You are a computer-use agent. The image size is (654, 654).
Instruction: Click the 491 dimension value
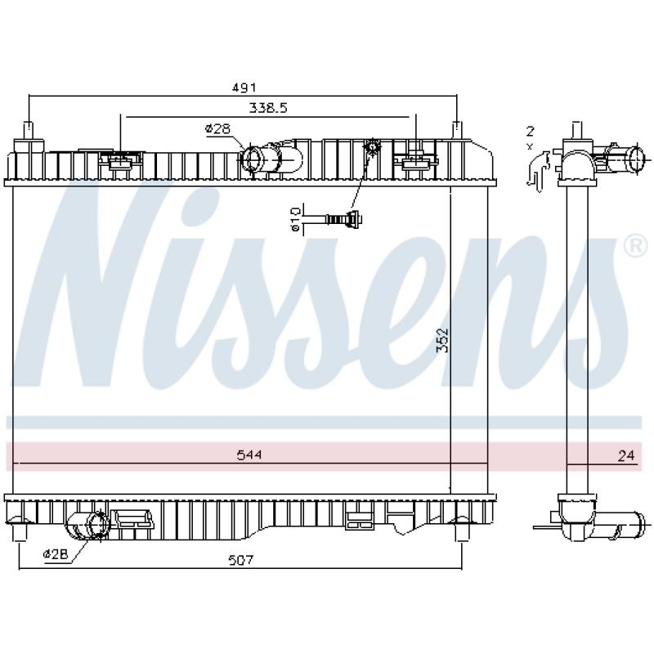244,87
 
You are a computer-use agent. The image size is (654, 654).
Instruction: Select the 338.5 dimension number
268,108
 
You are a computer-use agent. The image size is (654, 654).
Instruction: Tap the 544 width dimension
249,455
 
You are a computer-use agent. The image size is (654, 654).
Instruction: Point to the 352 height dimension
442,340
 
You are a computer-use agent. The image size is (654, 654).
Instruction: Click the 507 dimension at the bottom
241,560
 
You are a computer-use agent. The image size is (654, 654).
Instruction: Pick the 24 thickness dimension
626,455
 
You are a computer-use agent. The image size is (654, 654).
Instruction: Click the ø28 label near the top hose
217,128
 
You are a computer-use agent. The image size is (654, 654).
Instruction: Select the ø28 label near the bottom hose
55,554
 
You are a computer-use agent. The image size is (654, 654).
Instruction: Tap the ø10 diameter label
295,218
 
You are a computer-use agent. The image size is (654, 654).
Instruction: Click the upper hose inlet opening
252,159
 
